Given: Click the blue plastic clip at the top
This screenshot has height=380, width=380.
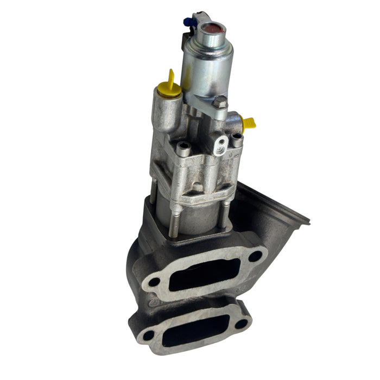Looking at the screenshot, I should tap(188, 22).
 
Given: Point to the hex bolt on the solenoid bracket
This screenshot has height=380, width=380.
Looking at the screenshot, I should tap(219, 102).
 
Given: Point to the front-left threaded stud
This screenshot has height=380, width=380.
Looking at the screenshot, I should tap(172, 217).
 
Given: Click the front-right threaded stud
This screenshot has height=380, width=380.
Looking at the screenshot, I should tap(224, 214).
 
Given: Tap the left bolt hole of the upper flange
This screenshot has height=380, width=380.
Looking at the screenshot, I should tap(154, 282).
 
